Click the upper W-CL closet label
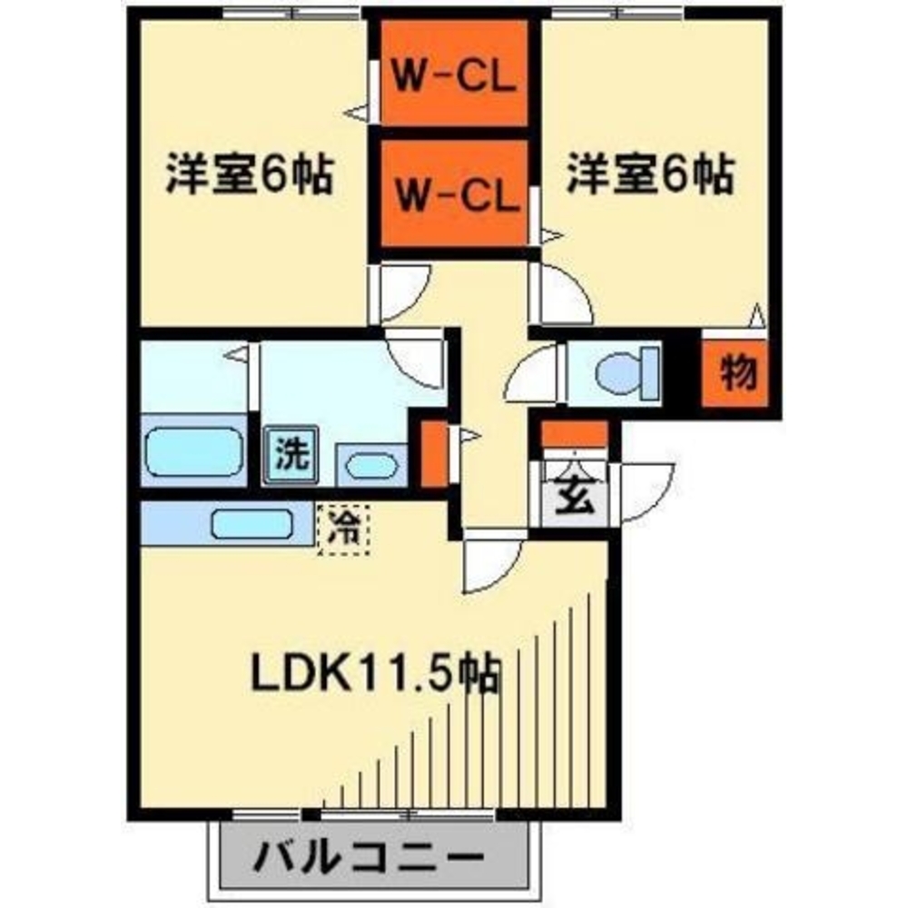[x=454, y=76]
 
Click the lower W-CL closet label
[x=454, y=192]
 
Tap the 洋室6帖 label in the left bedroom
[x=247, y=174]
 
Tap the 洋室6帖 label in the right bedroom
[x=650, y=174]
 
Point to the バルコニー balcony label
[x=367, y=830]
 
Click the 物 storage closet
[x=740, y=371]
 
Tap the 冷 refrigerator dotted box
[x=344, y=528]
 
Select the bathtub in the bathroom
[x=192, y=449]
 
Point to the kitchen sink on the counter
[x=251, y=525]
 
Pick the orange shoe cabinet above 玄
[x=575, y=433]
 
